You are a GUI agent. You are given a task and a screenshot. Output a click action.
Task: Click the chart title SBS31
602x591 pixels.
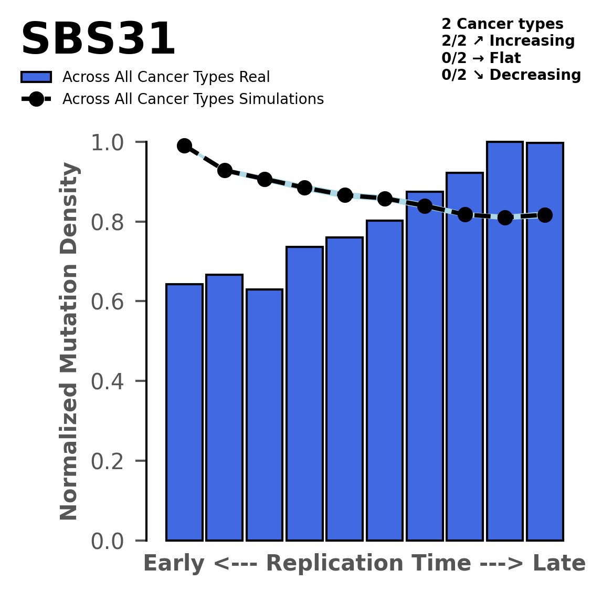98,40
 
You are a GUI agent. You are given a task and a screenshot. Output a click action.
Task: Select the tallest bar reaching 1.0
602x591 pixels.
504,341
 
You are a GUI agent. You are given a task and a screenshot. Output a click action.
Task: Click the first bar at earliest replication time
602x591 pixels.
184,412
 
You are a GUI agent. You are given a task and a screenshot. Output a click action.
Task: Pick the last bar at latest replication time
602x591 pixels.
545,341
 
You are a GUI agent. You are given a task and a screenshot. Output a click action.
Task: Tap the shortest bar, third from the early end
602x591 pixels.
265,414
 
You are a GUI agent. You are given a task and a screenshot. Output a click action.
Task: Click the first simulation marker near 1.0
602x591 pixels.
184,146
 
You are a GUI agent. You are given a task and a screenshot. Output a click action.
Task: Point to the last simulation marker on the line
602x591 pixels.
545,215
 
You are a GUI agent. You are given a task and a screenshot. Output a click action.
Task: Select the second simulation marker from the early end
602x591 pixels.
225,170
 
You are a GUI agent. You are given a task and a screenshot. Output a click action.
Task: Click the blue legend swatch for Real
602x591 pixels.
36,77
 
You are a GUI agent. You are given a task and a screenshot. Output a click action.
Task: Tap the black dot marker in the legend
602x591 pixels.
36,99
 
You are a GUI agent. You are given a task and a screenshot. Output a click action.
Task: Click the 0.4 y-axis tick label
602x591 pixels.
108,381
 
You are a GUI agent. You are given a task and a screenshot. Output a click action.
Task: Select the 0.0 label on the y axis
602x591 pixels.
108,541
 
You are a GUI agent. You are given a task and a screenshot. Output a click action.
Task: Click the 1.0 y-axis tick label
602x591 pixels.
108,143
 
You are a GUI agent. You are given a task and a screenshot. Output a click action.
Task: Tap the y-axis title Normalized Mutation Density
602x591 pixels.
69,341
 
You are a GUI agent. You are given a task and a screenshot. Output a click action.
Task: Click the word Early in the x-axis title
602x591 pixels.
174,564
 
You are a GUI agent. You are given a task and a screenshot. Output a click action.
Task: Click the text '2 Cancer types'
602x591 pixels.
502,24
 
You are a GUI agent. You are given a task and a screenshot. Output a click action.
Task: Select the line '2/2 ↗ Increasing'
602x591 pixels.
508,41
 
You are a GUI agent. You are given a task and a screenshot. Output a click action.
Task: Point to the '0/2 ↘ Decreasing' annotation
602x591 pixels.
511,75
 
